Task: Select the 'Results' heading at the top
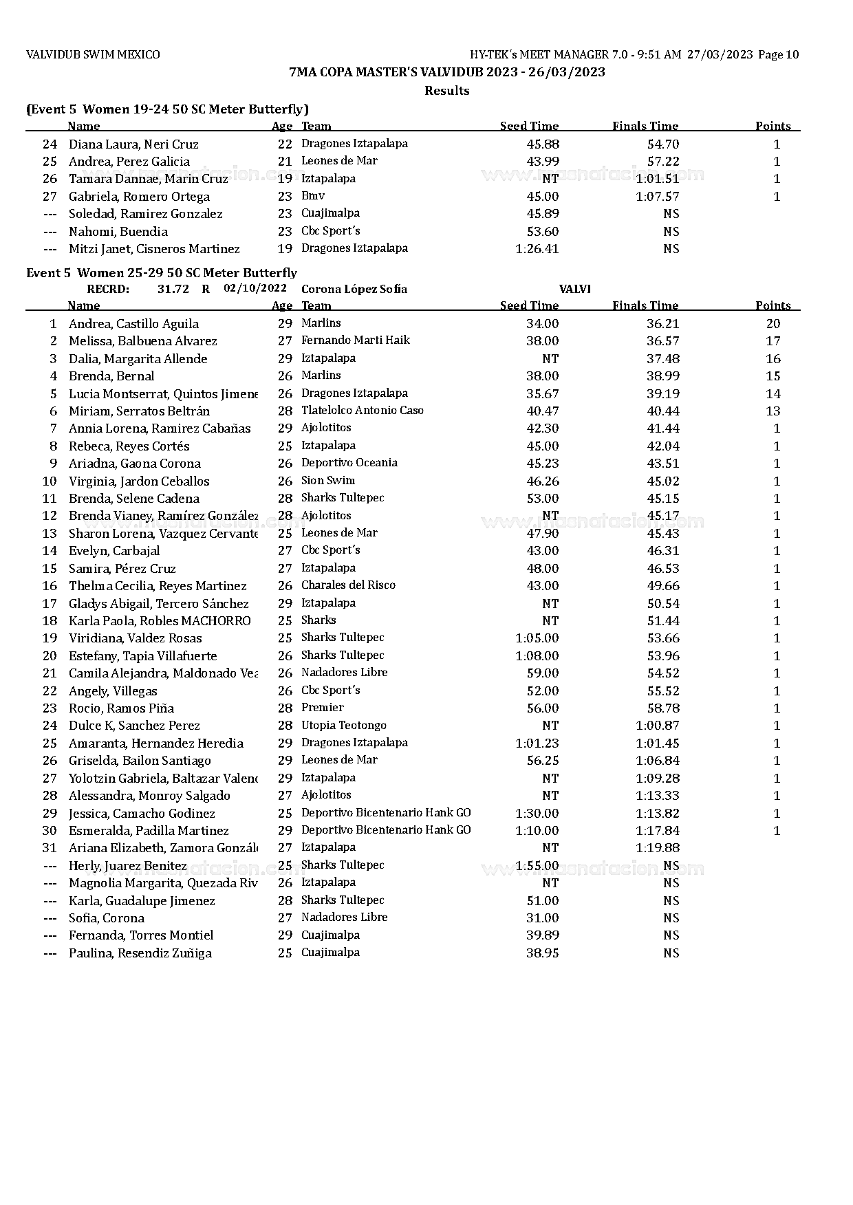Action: [x=446, y=91]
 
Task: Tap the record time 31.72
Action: [x=173, y=290]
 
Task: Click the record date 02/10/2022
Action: [x=255, y=289]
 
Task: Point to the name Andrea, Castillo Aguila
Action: [x=133, y=324]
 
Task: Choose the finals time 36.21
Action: [x=663, y=324]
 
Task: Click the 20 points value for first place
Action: [x=773, y=324]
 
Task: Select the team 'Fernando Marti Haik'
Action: [x=355, y=340]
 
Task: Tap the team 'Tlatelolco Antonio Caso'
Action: [x=362, y=411]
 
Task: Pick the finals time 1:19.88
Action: [x=657, y=848]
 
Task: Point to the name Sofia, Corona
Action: [x=107, y=918]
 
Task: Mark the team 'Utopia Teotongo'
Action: [x=343, y=726]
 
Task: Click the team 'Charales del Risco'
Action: [x=348, y=585]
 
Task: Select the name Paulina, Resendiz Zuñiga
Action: [x=140, y=953]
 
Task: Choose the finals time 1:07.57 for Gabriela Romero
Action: [x=657, y=197]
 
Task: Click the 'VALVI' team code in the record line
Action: [x=575, y=290]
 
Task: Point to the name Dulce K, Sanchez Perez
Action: [x=134, y=726]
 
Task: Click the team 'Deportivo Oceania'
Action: [x=349, y=463]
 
